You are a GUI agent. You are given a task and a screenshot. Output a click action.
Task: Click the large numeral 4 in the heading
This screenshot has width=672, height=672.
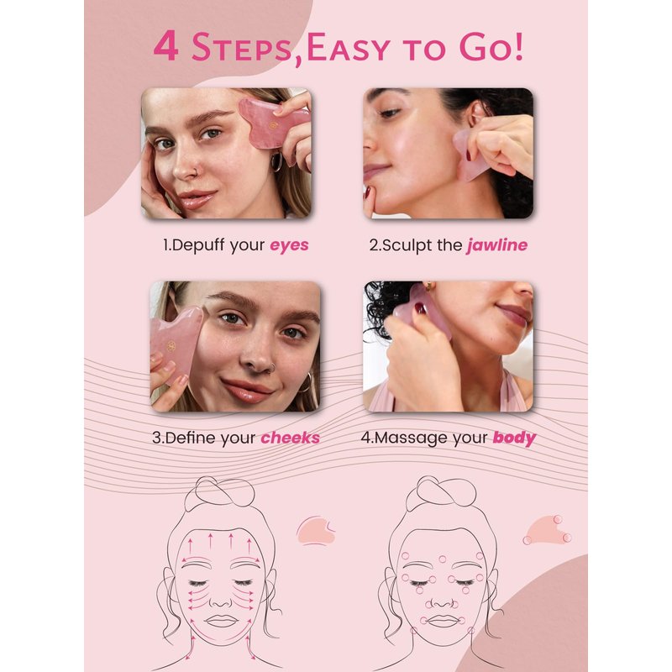[x=165, y=46]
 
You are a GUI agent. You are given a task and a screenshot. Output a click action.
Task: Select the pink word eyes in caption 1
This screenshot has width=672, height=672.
[x=289, y=245]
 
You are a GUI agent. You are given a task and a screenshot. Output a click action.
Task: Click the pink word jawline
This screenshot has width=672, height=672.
[x=497, y=245]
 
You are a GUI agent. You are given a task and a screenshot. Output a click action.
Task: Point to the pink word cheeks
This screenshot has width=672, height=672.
[x=290, y=438]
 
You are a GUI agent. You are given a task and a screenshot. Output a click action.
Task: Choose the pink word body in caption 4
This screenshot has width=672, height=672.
[x=514, y=438]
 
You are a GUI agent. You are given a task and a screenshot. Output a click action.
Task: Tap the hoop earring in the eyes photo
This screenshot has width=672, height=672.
[x=277, y=161]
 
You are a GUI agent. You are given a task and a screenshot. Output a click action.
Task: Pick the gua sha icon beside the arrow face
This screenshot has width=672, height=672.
[x=316, y=531]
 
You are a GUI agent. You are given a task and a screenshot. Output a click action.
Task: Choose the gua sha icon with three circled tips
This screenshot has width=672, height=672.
[x=548, y=531]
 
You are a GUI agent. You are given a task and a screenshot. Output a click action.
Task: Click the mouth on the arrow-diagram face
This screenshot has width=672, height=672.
[x=221, y=621]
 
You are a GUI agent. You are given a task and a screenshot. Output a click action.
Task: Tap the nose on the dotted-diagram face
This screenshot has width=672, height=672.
[x=443, y=601]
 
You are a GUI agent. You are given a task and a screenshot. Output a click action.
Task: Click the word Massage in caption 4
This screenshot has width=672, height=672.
[x=410, y=438]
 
